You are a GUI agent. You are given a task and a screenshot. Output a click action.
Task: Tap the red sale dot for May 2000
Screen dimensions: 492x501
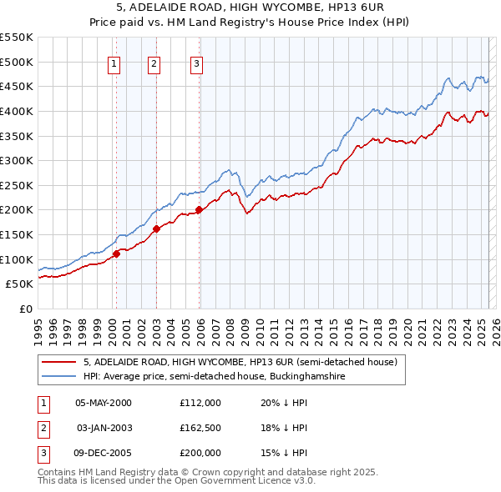click(117, 254)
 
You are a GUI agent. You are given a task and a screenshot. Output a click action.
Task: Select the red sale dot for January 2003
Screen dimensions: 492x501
click(156, 228)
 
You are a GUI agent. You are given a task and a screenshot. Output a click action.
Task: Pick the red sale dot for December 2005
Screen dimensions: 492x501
click(199, 210)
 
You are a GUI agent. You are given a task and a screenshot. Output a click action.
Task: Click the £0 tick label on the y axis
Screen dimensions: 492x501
click(26, 309)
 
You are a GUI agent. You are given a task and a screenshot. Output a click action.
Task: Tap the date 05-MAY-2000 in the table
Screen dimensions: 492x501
click(104, 403)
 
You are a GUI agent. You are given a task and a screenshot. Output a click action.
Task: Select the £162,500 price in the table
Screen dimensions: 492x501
click(200, 428)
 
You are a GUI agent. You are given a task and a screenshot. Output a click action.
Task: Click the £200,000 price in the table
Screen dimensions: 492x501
click(200, 453)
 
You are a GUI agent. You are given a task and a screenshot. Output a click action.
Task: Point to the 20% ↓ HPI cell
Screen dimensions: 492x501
click(284, 403)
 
